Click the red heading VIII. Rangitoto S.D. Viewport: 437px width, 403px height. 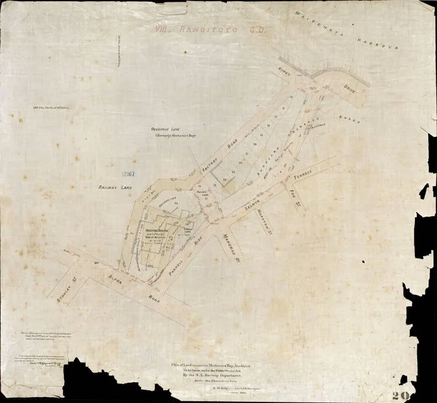click(207, 29)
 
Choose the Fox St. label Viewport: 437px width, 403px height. click(294, 190)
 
